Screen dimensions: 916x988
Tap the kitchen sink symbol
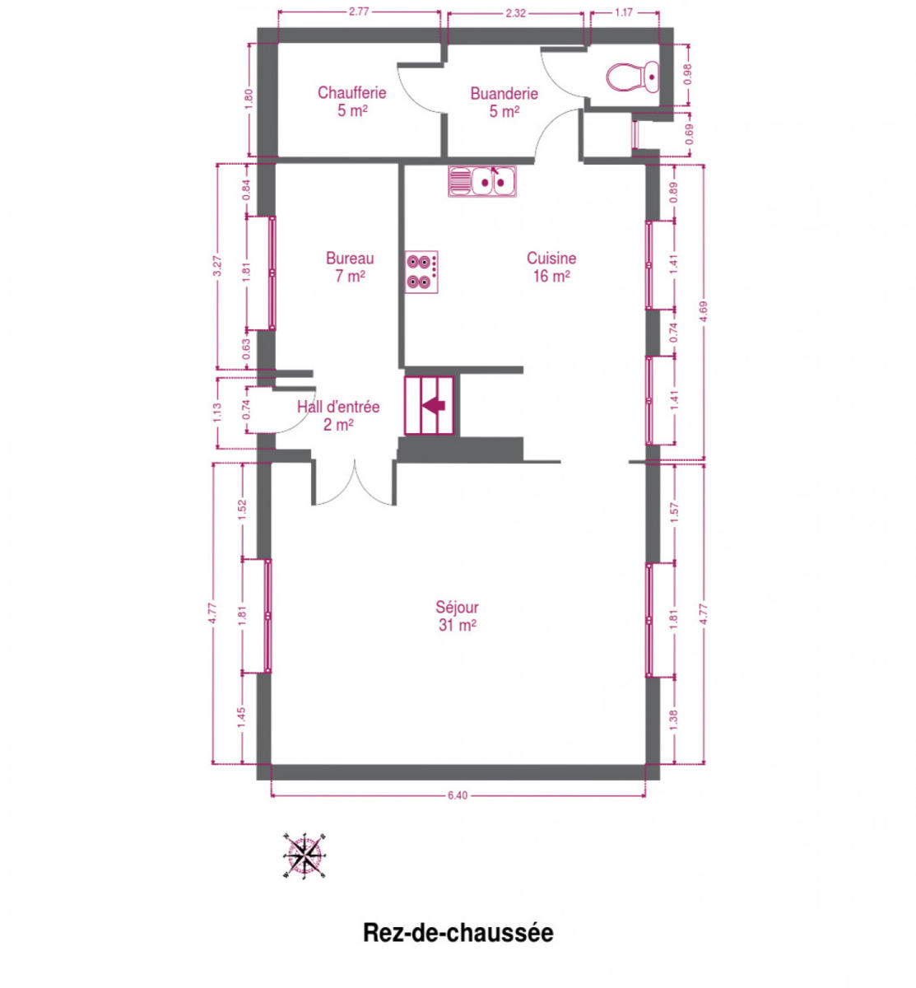pyautogui.click(x=481, y=181)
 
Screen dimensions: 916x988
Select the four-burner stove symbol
pyautogui.click(x=421, y=272)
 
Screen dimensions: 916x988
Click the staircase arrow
pyautogui.click(x=433, y=405)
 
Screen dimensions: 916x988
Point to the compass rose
pyautogui.click(x=304, y=855)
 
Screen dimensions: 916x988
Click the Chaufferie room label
pyautogui.click(x=351, y=101)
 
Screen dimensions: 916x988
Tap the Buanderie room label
pyautogui.click(x=504, y=102)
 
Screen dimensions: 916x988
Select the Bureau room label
pyautogui.click(x=350, y=267)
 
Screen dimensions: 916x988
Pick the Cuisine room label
pyautogui.click(x=551, y=267)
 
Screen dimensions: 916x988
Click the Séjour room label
pyautogui.click(x=457, y=615)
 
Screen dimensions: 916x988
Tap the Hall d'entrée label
pyautogui.click(x=338, y=416)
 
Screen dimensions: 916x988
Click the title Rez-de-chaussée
pyautogui.click(x=458, y=932)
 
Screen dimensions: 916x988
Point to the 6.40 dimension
pyautogui.click(x=458, y=795)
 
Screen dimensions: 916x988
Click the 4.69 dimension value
pyautogui.click(x=703, y=311)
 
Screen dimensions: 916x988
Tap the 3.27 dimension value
pyautogui.click(x=216, y=266)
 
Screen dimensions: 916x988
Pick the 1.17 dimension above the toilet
pyautogui.click(x=624, y=12)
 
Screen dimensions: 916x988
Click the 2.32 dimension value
pyautogui.click(x=516, y=13)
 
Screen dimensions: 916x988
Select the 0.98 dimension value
pyautogui.click(x=688, y=75)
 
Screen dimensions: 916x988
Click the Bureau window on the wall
pyautogui.click(x=272, y=273)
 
